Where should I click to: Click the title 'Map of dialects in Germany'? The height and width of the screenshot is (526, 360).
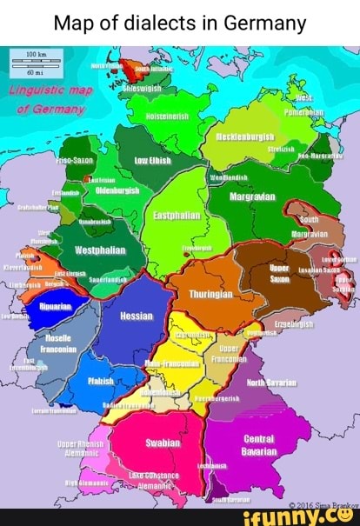[x=179, y=22]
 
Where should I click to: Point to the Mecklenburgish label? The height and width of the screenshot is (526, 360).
[x=244, y=137]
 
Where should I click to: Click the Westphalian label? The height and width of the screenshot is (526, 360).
[x=99, y=250]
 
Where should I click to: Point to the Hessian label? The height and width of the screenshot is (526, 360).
[x=136, y=316]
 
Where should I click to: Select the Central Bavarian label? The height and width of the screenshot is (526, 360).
[x=259, y=445]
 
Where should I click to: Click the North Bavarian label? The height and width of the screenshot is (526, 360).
[x=270, y=382]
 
